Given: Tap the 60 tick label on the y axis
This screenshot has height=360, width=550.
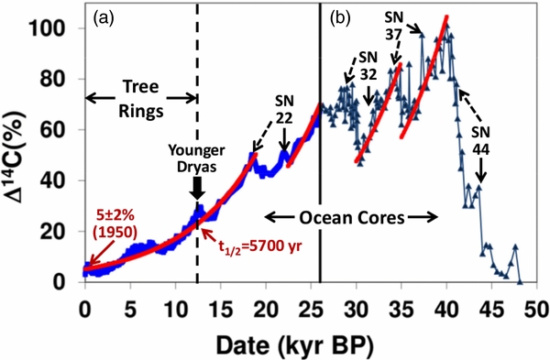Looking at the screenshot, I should point(62,130).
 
